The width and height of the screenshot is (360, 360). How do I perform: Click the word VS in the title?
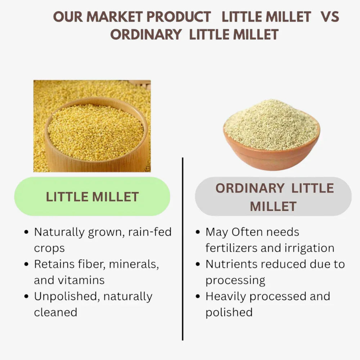pyautogui.click(x=330, y=17)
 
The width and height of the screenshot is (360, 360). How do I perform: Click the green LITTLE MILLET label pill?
pyautogui.click(x=92, y=197)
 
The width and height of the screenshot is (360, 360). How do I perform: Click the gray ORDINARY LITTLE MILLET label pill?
pyautogui.click(x=273, y=197)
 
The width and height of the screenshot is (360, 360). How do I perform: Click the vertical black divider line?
pyautogui.click(x=183, y=248)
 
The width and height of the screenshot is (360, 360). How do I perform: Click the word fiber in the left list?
pyautogui.click(x=93, y=264)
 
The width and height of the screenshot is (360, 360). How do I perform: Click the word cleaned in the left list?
pyautogui.click(x=55, y=312)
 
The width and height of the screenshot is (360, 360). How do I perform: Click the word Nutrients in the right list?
pyautogui.click(x=231, y=264)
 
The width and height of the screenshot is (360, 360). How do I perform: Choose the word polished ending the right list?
pyautogui.click(x=229, y=312)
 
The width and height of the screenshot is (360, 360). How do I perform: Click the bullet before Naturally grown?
pyautogui.click(x=26, y=232)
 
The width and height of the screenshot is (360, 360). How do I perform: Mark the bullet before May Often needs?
pyautogui.click(x=198, y=232)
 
